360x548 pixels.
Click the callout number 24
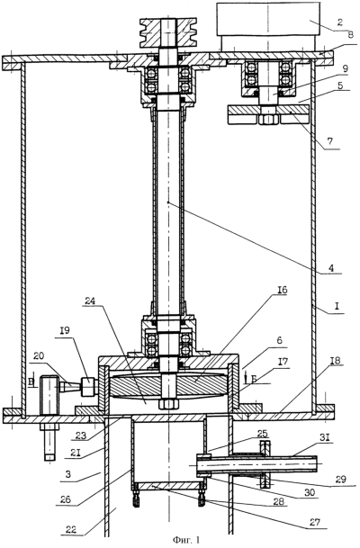pyautogui.click(x=91, y=301)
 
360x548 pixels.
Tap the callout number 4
pyautogui.click(x=331, y=268)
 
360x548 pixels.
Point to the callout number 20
pyautogui.click(x=39, y=356)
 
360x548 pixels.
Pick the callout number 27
pyautogui.click(x=315, y=522)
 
